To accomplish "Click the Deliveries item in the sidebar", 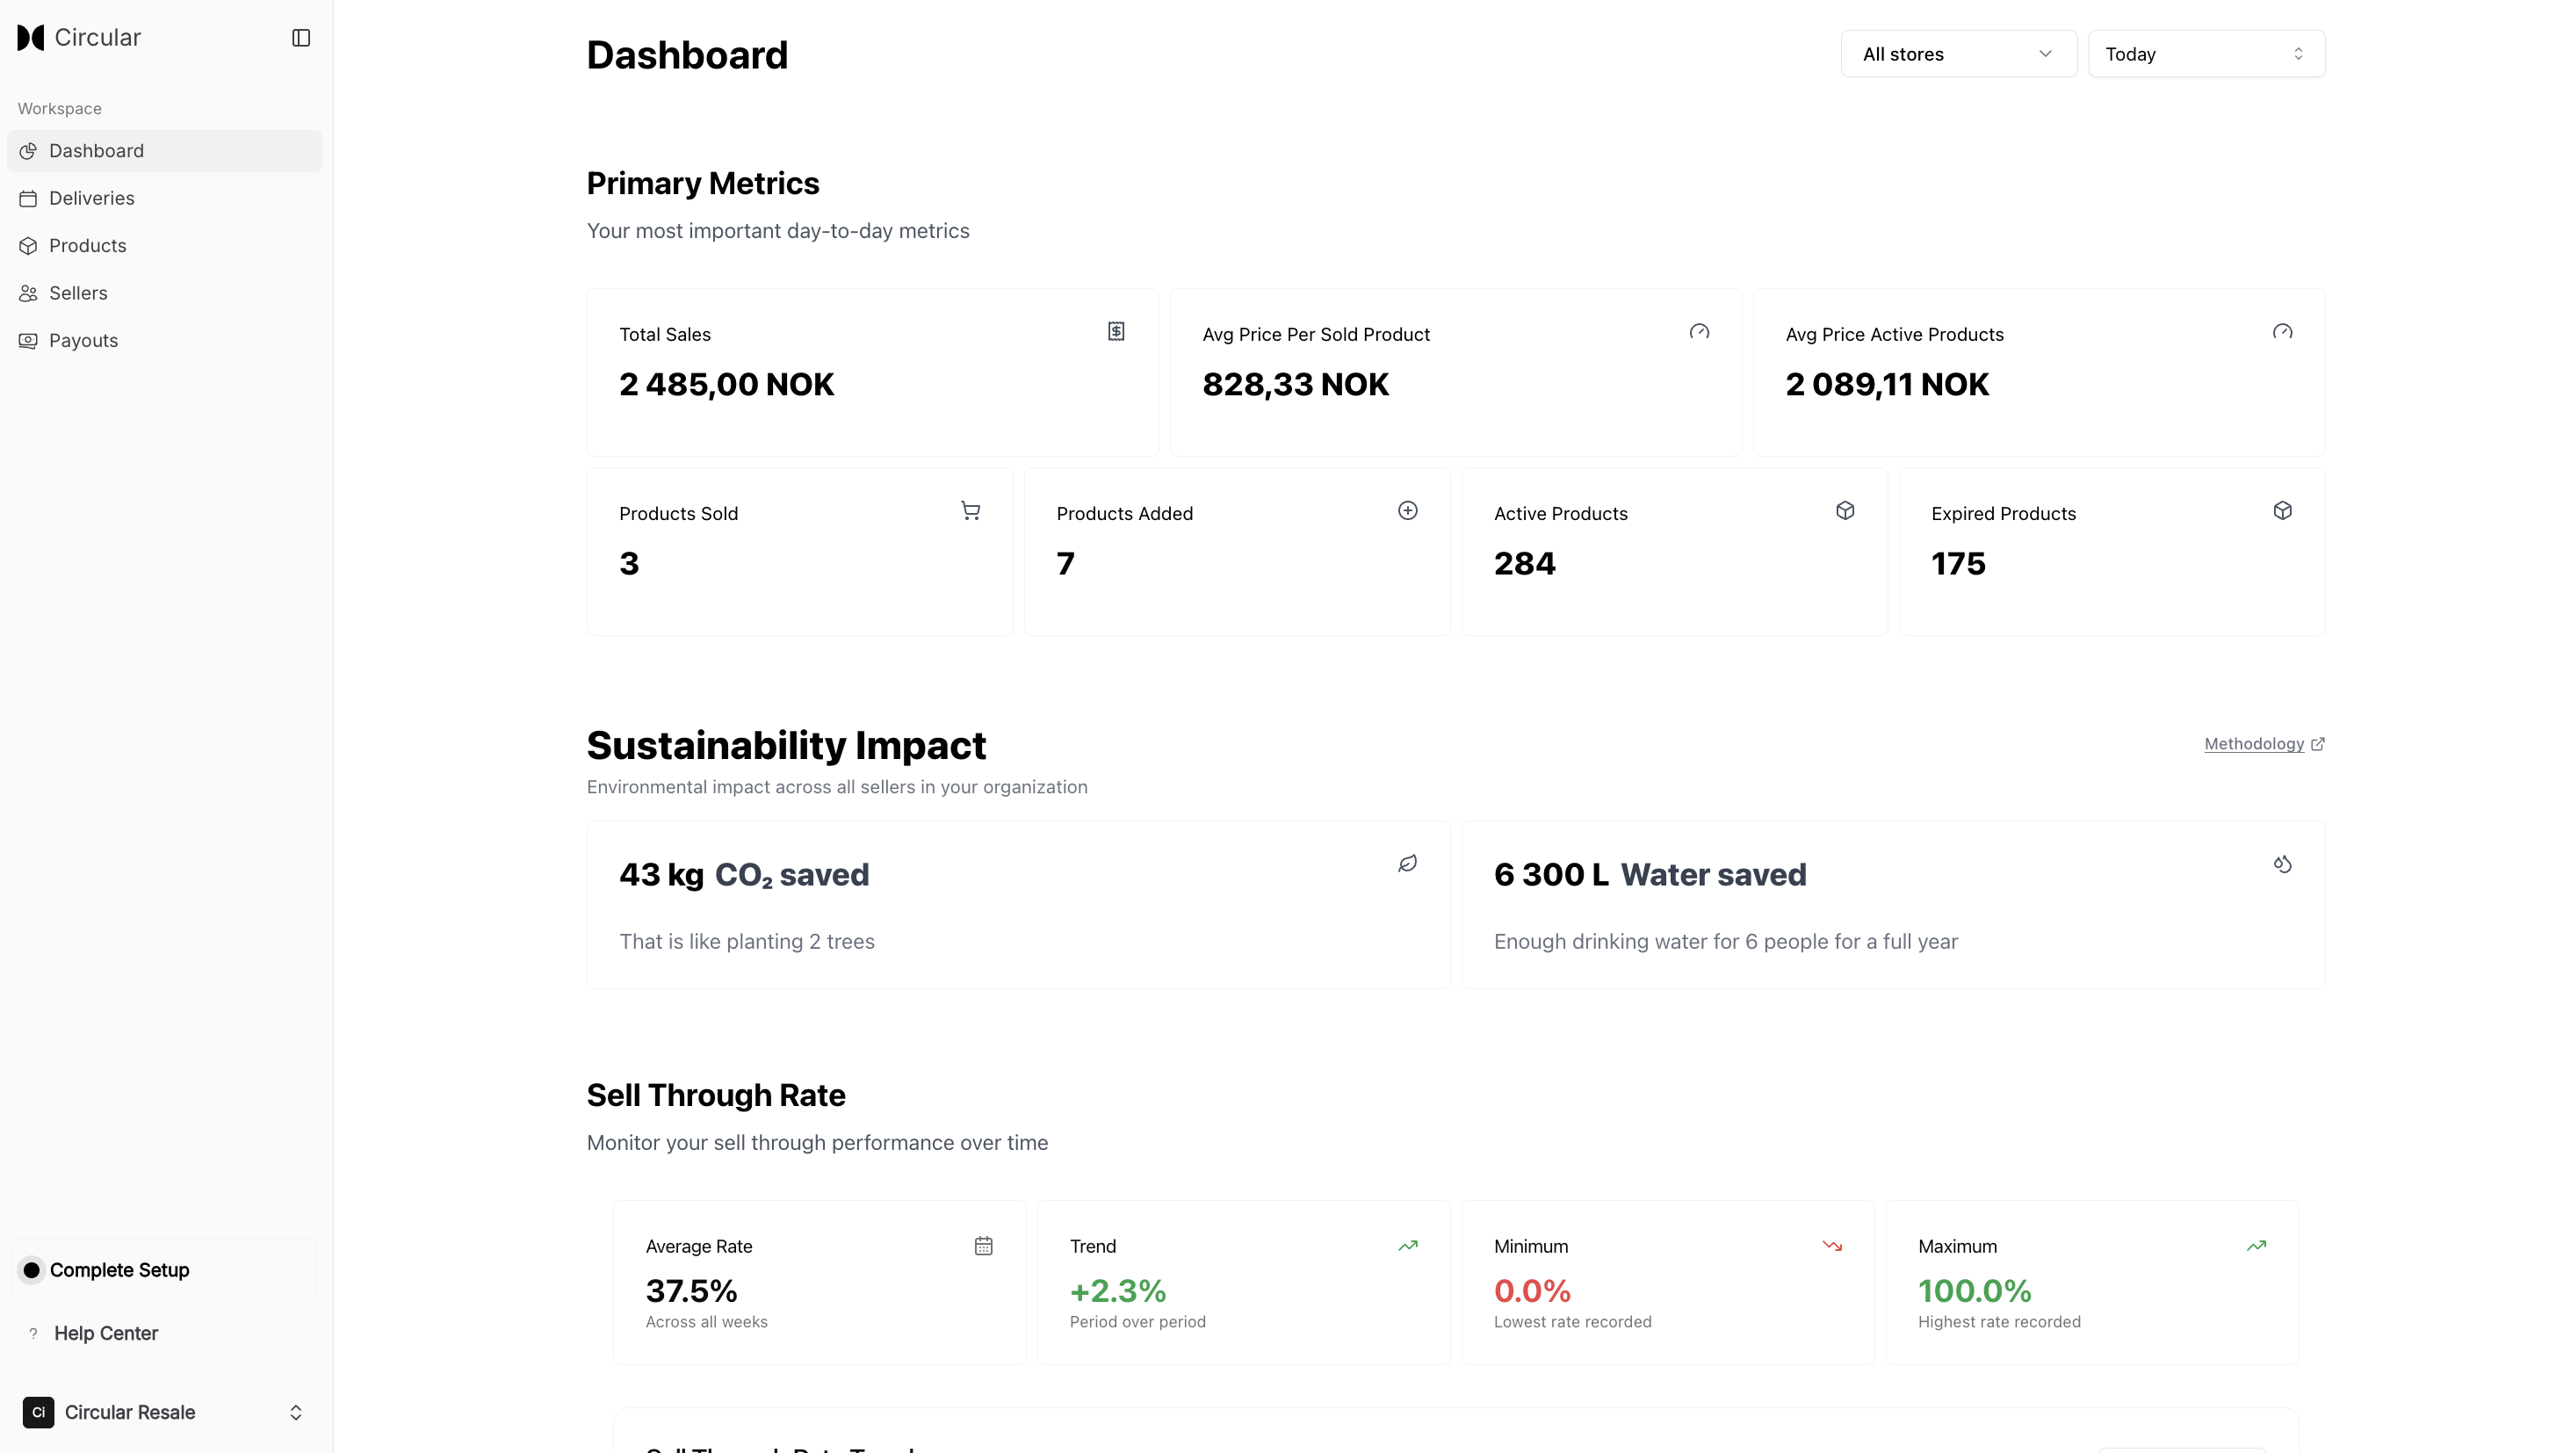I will pos(90,199).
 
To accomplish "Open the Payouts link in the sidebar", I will pos(83,340).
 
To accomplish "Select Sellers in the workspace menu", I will pos(78,293).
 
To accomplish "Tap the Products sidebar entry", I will pos(87,245).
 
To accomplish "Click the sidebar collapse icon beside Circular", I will pos(300,38).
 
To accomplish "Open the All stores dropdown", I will pos(1958,54).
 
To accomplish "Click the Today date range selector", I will pos(2205,54).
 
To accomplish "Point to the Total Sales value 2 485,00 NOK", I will pos(726,384).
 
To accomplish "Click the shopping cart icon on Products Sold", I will pos(970,511).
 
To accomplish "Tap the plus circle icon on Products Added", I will pos(1407,511).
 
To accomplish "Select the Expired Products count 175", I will pos(1958,564).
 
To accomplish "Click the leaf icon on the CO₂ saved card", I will pos(1407,864).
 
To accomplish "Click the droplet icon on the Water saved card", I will pos(2282,864).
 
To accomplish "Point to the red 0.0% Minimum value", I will pos(1532,1291).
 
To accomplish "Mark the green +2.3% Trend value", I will pos(1117,1291).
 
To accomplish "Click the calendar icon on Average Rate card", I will pos(983,1246).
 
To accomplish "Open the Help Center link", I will pos(105,1334).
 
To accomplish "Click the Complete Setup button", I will pos(119,1270).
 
